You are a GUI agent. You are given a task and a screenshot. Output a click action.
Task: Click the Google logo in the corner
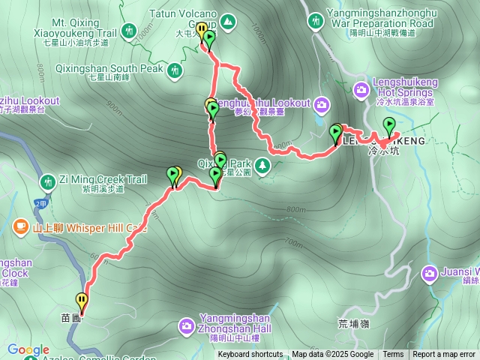[28, 349]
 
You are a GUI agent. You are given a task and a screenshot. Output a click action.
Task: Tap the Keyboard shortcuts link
[250, 355]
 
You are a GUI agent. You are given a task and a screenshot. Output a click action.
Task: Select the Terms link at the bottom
[393, 355]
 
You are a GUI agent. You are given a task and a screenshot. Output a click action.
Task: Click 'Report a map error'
[444, 355]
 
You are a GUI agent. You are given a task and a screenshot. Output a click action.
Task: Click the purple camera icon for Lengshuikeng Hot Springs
[361, 89]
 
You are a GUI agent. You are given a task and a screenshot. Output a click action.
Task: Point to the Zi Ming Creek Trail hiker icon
[46, 181]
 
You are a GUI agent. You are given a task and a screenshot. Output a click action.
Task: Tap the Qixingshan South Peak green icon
[175, 70]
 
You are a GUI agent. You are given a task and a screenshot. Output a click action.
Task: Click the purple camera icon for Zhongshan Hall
[186, 325]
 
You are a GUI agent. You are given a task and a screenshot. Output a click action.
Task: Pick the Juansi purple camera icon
[430, 271]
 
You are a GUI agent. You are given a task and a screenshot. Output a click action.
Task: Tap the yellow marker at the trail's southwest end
[82, 301]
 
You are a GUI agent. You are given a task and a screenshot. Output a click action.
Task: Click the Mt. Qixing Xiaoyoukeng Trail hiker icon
[130, 31]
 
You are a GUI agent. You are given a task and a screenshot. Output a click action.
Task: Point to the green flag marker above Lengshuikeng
[389, 125]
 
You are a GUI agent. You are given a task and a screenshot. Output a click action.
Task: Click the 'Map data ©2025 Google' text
[333, 355]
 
